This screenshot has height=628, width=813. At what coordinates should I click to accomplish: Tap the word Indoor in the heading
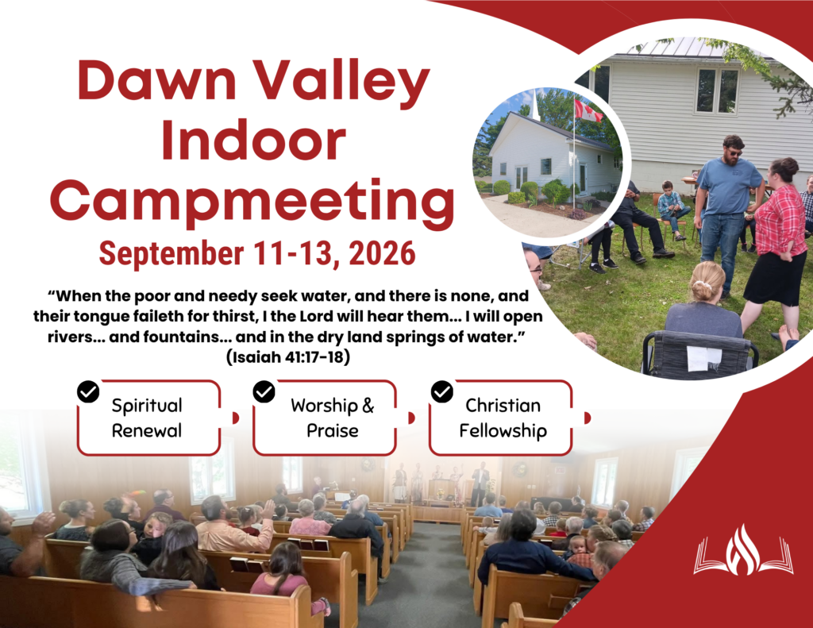tap(253, 141)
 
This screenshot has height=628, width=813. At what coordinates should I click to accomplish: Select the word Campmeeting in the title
tap(252, 202)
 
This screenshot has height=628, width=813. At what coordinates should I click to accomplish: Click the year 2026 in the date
tap(382, 253)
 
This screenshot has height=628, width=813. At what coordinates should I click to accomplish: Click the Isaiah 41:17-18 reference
tap(287, 357)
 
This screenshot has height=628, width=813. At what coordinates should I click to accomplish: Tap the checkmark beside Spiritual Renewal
tap(88, 391)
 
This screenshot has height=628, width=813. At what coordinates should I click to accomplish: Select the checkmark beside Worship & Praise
tap(264, 391)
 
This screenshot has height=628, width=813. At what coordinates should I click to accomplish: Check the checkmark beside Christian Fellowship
tap(441, 391)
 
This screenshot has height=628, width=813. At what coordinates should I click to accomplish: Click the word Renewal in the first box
tap(147, 430)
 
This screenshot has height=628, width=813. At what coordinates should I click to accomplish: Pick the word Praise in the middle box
tap(333, 430)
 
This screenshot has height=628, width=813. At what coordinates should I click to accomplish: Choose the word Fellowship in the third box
tap(503, 431)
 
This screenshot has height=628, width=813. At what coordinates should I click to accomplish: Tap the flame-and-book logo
tap(743, 550)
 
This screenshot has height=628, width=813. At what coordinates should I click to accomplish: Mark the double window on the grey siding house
tap(718, 91)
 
